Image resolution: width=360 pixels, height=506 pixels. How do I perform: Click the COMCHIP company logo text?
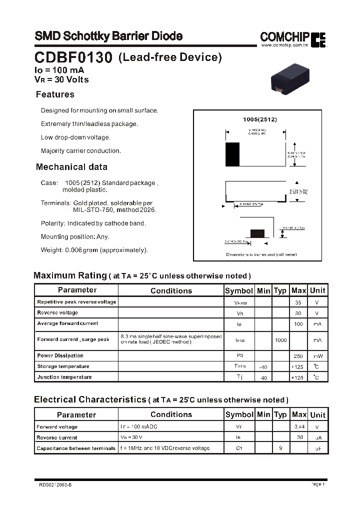[285, 36]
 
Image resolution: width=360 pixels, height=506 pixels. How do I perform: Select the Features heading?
[55, 94]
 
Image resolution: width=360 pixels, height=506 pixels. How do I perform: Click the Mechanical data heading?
[71, 167]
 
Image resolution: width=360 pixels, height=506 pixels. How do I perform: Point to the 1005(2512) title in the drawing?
[259, 119]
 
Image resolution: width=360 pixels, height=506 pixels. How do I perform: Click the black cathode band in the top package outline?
[232, 154]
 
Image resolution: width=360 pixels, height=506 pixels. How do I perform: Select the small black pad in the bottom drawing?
[257, 233]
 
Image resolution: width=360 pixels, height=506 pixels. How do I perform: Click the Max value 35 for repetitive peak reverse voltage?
[298, 302]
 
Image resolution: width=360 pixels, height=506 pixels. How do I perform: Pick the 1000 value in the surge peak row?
[280, 340]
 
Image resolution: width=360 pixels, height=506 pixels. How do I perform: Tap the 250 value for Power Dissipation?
[298, 356]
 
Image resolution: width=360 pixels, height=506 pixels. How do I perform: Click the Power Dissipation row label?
[60, 356]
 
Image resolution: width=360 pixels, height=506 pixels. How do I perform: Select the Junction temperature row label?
[64, 377]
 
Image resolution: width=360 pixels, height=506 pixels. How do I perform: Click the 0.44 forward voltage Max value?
[299, 427]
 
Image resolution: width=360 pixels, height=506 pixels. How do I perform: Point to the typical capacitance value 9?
[280, 448]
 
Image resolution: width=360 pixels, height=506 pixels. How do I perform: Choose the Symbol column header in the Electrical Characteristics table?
[239, 414]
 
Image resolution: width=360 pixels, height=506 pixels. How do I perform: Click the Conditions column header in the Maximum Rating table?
[171, 290]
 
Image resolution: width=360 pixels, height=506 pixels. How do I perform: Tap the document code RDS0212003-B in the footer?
[55, 484]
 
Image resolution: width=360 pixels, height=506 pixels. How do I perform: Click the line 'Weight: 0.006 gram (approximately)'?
[94, 250]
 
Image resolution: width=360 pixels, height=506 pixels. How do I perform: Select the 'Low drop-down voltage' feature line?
[75, 137]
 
